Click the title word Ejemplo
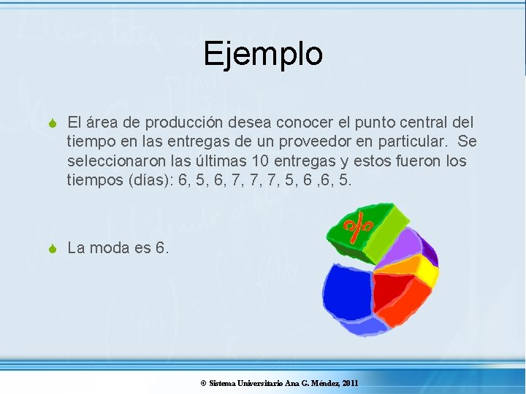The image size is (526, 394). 263,54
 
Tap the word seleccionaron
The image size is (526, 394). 115,160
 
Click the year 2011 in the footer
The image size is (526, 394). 350,383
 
